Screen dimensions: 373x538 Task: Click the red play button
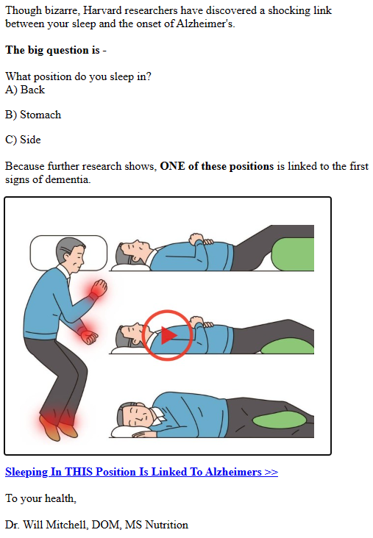point(167,335)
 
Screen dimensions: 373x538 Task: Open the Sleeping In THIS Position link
point(141,472)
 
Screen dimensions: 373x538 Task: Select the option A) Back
point(25,90)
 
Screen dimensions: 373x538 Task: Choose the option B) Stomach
point(33,115)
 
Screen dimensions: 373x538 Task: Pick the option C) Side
point(23,140)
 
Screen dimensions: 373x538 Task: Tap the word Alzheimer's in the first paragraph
point(205,24)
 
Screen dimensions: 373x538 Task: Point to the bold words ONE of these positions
point(217,166)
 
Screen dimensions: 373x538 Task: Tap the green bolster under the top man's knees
point(293,254)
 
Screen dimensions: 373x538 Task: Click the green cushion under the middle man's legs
point(288,345)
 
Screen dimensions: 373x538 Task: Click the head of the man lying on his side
point(135,416)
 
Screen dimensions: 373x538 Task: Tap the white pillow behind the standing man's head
point(68,253)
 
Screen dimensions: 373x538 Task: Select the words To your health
point(40,498)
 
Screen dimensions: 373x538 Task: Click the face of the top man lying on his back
point(138,247)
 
